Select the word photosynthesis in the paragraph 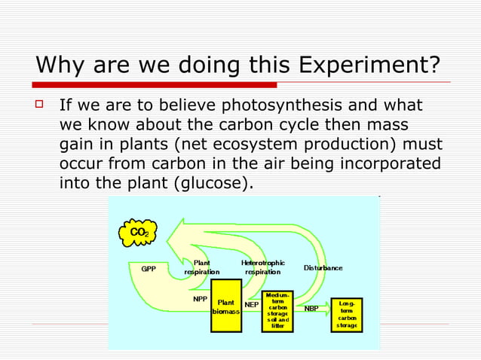pos(276,105)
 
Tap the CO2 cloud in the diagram pos(139,233)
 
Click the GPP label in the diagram pos(149,268)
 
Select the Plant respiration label pos(201,267)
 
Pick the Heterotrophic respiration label pos(262,267)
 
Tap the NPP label pos(200,298)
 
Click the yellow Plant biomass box pos(226,306)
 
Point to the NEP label pos(252,306)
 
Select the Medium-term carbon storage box pos(277,310)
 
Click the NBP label pos(311,308)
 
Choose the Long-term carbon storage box pos(346,314)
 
